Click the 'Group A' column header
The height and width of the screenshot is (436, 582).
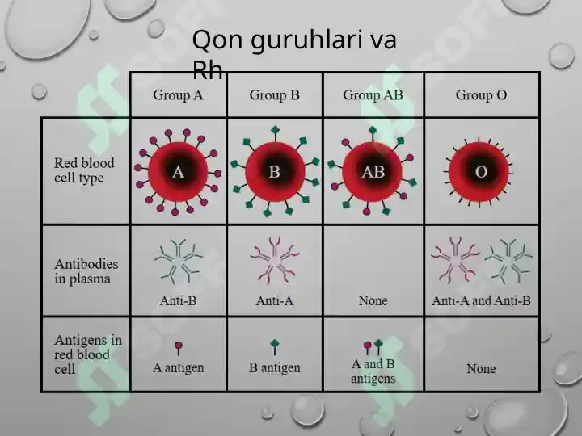tap(178, 95)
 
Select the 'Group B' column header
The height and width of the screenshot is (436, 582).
tap(274, 95)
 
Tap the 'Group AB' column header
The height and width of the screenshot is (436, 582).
tap(373, 95)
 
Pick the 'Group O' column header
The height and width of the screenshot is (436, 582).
tap(481, 95)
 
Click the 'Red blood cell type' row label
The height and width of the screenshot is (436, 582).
tap(84, 170)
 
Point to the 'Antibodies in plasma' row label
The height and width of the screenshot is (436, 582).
tap(86, 271)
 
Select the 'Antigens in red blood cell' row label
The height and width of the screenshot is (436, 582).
tap(88, 354)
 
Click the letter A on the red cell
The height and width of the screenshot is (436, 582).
tap(178, 172)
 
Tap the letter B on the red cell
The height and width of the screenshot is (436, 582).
tap(274, 172)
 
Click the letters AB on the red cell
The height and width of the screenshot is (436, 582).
tap(373, 172)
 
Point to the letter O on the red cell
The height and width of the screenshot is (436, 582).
tap(481, 172)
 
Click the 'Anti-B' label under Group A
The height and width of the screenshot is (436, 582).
tap(178, 300)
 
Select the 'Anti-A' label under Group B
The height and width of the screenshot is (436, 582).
tap(275, 300)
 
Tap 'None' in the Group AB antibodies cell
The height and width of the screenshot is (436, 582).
tap(373, 300)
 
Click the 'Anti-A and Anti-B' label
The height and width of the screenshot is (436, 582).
tap(481, 300)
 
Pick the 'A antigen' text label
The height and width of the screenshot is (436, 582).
tap(178, 368)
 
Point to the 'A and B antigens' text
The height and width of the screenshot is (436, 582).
tap(373, 371)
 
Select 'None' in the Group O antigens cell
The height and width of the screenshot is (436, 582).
tap(481, 368)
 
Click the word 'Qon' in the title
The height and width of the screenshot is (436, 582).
tap(217, 40)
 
